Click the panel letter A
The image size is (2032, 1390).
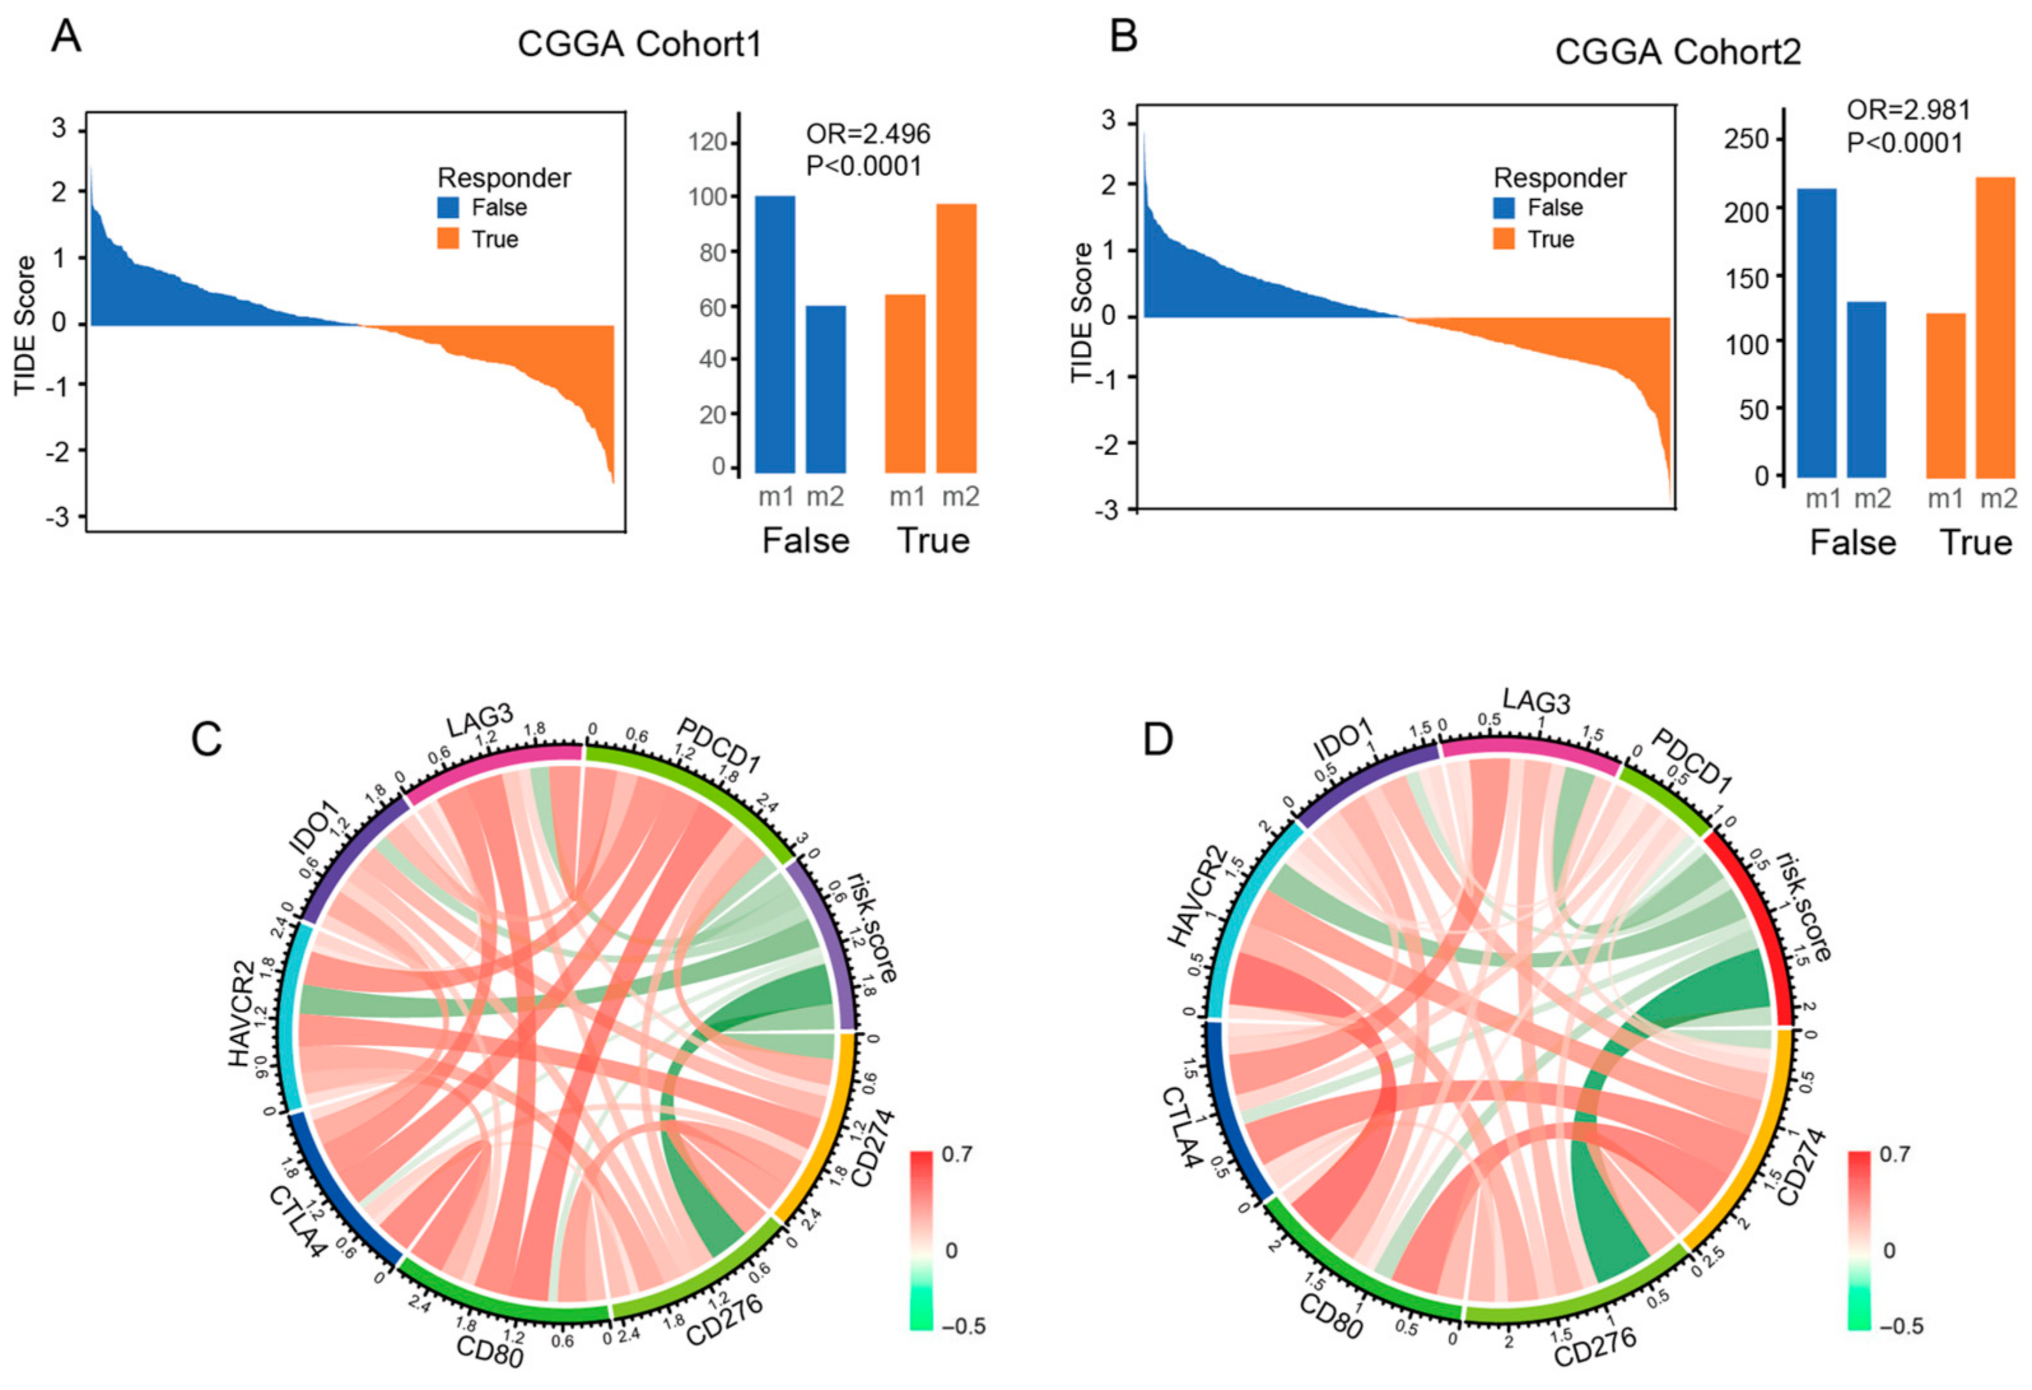66,37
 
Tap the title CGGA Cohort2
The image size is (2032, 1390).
1677,52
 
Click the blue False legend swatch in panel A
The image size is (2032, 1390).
448,207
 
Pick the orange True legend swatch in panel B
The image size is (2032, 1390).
1503,239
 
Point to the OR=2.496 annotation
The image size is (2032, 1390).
868,134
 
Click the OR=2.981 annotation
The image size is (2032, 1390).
1908,110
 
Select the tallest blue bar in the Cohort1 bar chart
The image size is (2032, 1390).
775,334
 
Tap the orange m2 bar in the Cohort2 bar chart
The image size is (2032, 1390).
1995,327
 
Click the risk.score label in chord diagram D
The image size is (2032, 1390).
1801,918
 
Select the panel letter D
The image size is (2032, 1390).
1158,740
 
